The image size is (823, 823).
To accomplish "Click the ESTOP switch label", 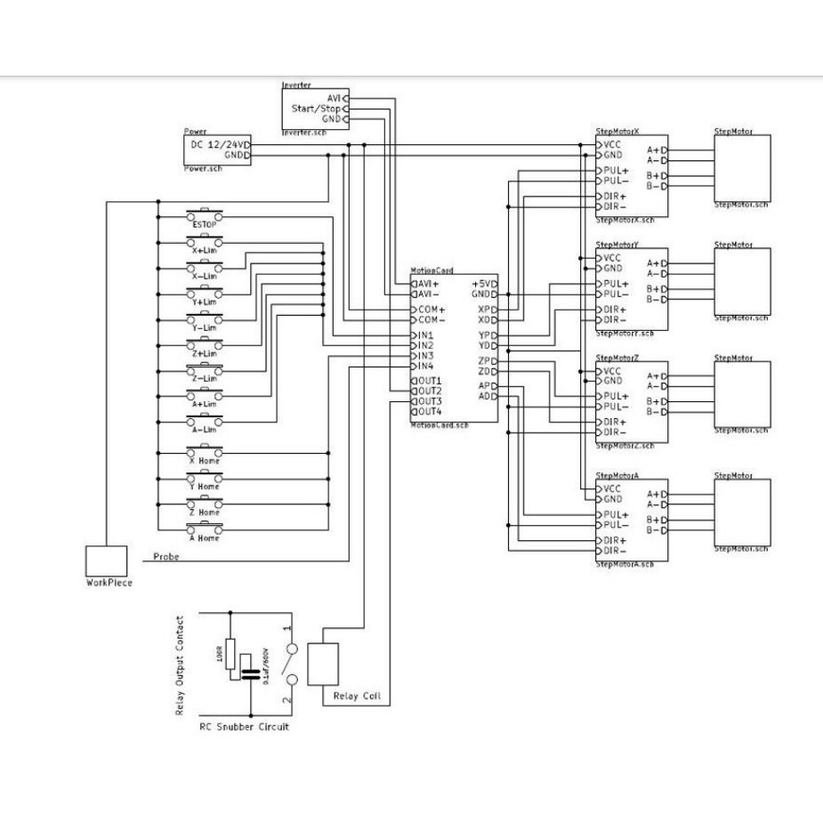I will [204, 225].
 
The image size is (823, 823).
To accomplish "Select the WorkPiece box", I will [107, 561].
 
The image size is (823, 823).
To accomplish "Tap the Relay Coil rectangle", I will [323, 664].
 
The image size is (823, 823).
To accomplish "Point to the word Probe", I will [166, 556].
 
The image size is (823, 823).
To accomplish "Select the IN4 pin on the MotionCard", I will [424, 366].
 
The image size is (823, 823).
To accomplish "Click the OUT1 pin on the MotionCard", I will [428, 381].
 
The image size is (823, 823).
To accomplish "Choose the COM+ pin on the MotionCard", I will [428, 309].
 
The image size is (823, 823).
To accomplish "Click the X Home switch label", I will [204, 461].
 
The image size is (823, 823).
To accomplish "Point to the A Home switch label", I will [204, 537].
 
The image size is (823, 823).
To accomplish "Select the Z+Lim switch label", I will [204, 353].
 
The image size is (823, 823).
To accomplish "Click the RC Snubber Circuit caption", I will [244, 727].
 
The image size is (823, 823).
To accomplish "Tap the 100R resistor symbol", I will [230, 654].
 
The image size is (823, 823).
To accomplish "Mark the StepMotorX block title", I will [617, 132].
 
